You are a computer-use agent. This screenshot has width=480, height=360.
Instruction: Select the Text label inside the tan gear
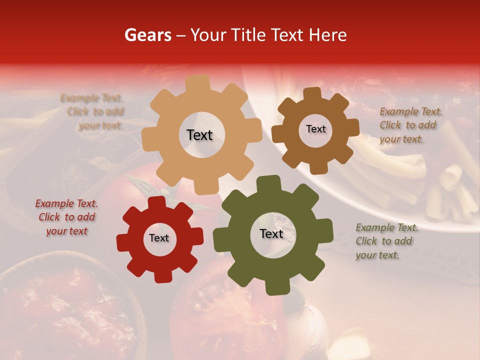point(199,135)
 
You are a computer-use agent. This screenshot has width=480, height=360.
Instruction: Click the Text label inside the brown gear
point(315,129)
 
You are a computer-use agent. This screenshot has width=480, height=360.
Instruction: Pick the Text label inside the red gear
point(159,238)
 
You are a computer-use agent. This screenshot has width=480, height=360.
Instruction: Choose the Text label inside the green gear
point(271,233)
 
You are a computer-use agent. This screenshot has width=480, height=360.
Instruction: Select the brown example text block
point(408,125)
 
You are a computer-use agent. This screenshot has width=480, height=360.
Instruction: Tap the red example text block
point(66,217)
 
